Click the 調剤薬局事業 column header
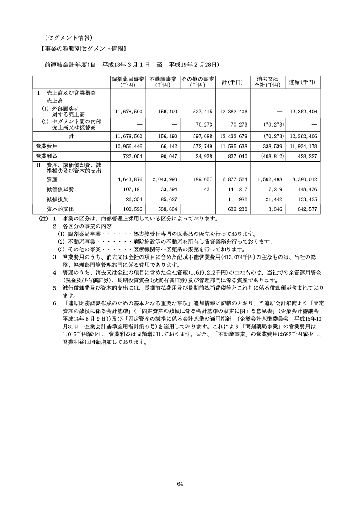coord(128,82)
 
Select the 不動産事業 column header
coord(163,82)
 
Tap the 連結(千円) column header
coord(302,82)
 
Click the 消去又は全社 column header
coord(267,82)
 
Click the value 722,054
coord(132,156)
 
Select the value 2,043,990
coord(165,179)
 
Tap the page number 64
coord(180,484)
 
